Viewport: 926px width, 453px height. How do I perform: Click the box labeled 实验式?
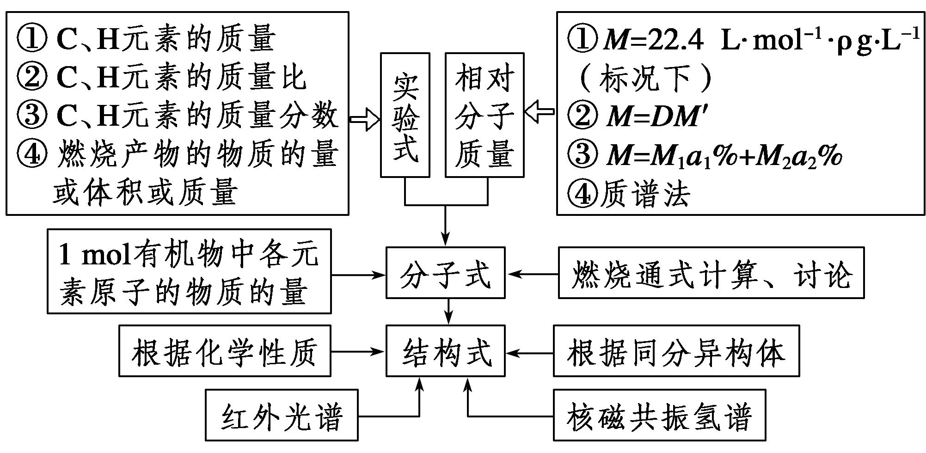405,115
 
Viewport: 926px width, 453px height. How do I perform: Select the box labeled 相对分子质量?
484,115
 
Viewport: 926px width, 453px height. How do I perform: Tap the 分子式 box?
445,273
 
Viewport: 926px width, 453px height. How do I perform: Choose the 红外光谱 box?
282,415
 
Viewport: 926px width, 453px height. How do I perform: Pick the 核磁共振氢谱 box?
659,415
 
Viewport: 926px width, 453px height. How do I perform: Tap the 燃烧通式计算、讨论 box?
711,273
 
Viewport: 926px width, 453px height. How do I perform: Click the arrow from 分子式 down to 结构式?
448,311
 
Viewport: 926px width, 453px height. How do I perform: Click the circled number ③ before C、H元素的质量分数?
32,115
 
